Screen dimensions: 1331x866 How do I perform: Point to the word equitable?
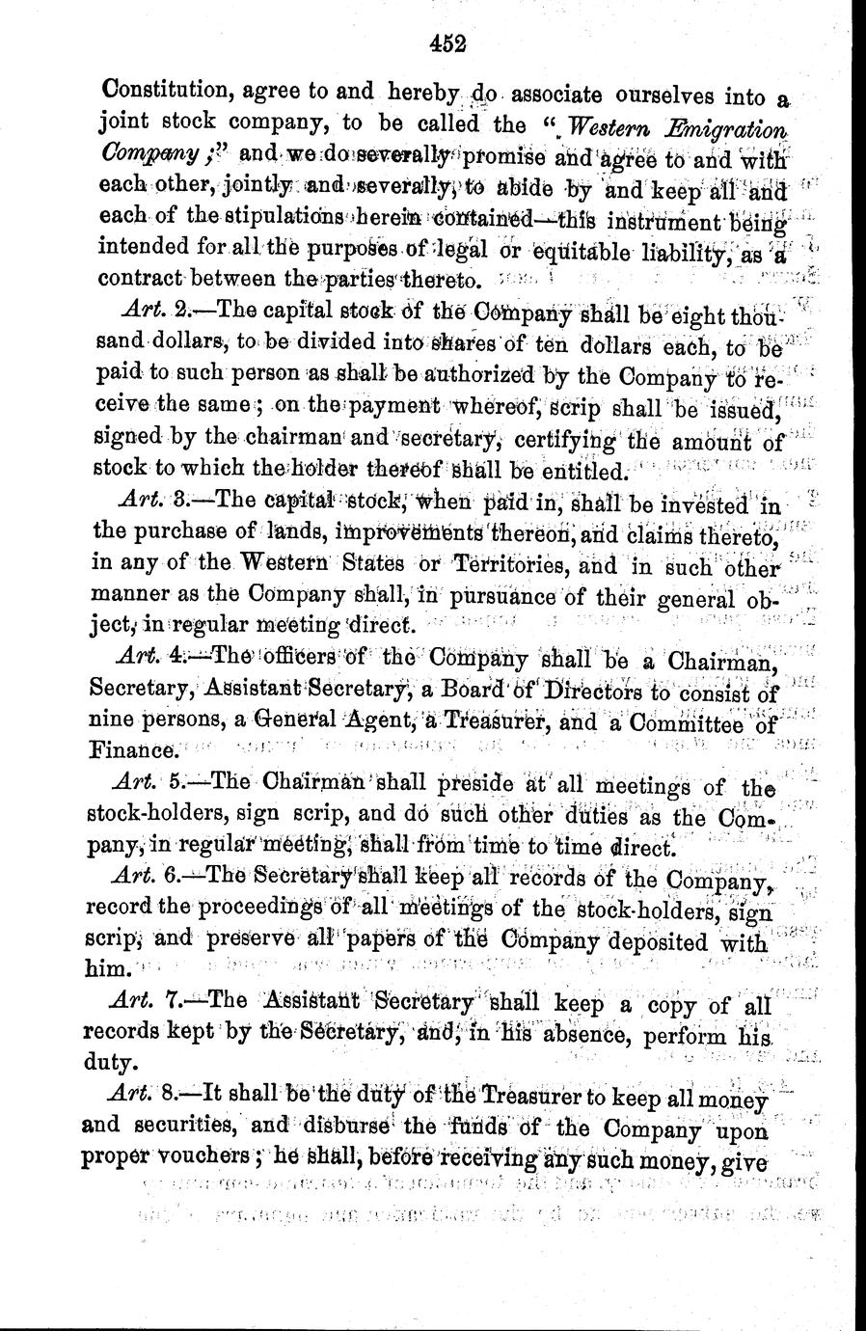(x=579, y=255)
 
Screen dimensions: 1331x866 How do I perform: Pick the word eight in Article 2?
(x=703, y=314)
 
